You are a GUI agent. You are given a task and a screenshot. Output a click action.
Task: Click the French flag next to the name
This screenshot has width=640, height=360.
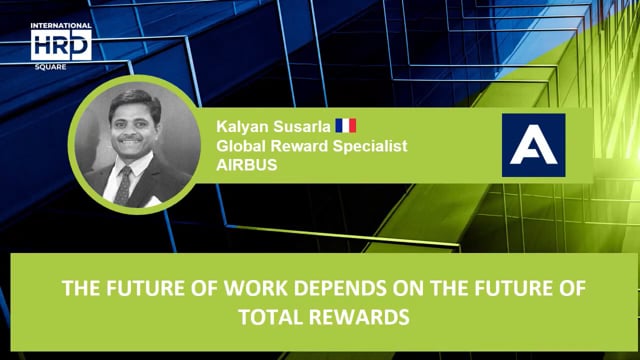click(x=345, y=126)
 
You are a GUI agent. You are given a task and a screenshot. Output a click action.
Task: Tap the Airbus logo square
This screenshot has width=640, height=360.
click(x=533, y=145)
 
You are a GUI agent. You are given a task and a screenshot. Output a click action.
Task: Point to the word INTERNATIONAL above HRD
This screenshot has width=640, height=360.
click(x=61, y=25)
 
